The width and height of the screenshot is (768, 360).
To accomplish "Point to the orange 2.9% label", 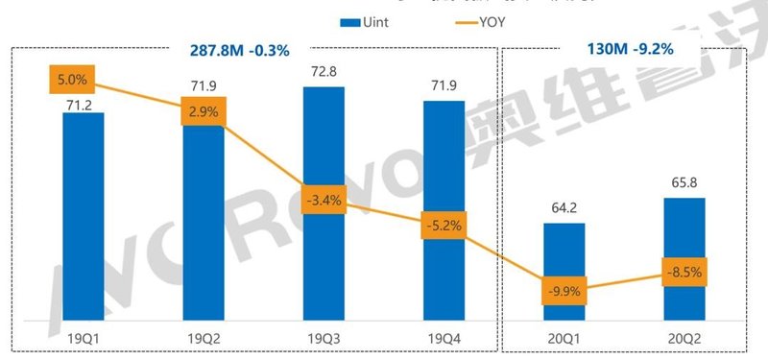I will [203, 112].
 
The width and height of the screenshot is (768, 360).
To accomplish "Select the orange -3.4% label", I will [324, 202].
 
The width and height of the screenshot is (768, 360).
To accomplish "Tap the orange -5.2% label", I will [444, 227].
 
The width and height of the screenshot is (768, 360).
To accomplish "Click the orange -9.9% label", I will [564, 290].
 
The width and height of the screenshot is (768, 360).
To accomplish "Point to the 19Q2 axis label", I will [203, 338].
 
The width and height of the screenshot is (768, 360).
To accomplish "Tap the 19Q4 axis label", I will [444, 338].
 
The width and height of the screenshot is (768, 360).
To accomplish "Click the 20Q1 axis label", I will [564, 338].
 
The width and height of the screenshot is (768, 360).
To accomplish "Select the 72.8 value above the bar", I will [324, 73].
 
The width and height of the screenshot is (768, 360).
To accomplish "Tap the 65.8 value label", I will [684, 182].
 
